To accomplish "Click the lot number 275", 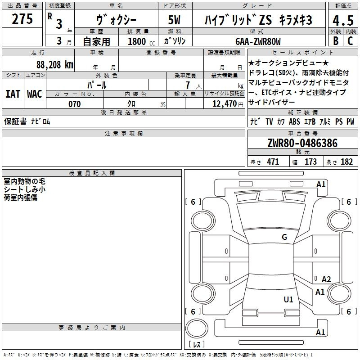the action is pos(22,19).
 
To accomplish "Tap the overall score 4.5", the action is pos(343,21).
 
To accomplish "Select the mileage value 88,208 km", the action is pos(54,65).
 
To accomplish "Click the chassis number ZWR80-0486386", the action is pos(302,143).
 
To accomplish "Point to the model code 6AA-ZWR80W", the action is pos(258,41).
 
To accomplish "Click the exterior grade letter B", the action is pos(336,41).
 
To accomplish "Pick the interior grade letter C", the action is pos(350,41).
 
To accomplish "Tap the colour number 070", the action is pos(75,104).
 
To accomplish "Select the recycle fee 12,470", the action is pos(225,104).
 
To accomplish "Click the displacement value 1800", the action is pos(137,41).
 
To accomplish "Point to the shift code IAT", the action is pos(13,94).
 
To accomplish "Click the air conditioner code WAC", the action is pos(35,94).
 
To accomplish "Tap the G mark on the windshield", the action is pos(284,237).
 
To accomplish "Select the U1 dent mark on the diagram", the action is pos(288,299).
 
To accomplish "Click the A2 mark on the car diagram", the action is pos(326,279).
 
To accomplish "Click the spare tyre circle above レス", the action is pos(197,328).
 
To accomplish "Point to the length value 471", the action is pos(273,162).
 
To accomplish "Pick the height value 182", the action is pos(346,162).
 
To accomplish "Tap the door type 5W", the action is pos(174,20).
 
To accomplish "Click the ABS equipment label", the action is pos(294,121).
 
